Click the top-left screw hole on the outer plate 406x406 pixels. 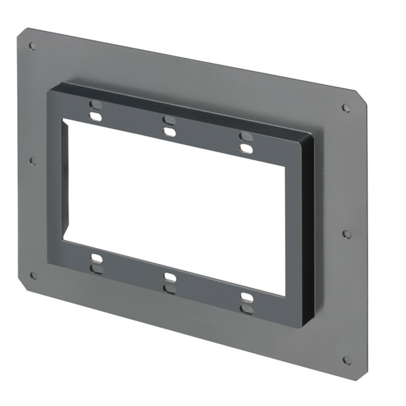(x=32, y=46)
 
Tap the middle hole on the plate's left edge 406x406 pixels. (x=34, y=161)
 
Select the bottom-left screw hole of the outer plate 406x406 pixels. (x=34, y=276)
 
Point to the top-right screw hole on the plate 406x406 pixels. (x=346, y=108)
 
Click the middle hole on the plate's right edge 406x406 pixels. (x=347, y=234)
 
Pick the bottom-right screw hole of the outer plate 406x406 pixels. (x=347, y=360)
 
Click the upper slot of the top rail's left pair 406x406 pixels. (x=96, y=105)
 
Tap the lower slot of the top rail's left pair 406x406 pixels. (x=96, y=117)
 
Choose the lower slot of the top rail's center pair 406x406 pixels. (x=169, y=132)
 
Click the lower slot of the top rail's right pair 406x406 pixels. (x=246, y=149)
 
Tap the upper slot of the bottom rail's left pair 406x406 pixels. (x=96, y=258)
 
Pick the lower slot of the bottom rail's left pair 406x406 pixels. (x=96, y=269)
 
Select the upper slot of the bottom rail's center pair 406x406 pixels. (x=170, y=277)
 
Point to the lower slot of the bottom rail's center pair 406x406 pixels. (x=170, y=289)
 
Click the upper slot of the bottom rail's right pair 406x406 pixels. (x=246, y=297)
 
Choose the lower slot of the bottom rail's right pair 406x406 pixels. (x=246, y=309)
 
